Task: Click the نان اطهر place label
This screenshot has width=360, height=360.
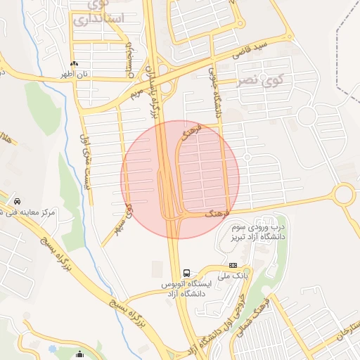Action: pos(75,73)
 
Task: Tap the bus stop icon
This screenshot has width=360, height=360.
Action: pos(186,272)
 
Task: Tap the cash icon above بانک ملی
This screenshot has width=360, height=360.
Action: pos(233,264)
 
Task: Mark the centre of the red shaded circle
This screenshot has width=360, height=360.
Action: pos(180,179)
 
